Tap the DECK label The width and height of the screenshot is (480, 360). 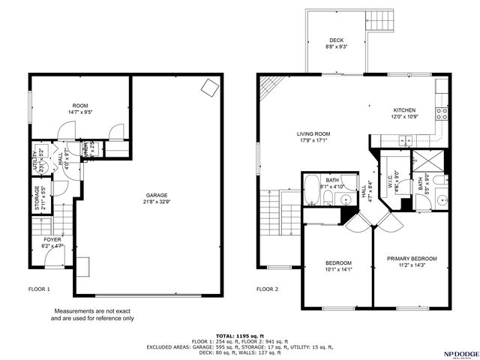click(337, 40)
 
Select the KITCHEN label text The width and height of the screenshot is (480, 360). click(403, 109)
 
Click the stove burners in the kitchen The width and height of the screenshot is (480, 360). click(442, 113)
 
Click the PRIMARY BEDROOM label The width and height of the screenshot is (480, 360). click(412, 259)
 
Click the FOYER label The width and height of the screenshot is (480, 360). click(52, 239)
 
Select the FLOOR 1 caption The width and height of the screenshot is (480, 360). click(39, 289)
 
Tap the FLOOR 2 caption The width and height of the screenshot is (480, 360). click(267, 289)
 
